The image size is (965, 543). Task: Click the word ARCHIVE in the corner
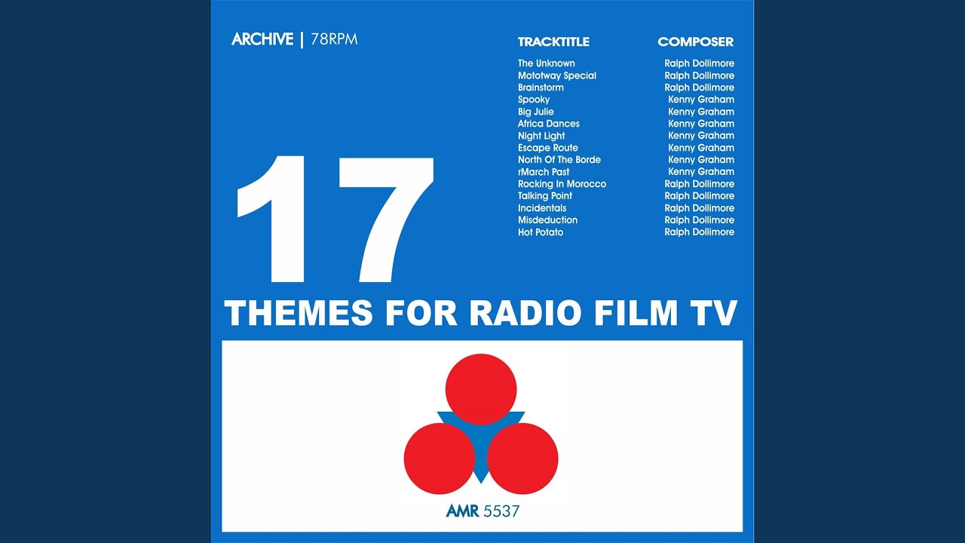pyautogui.click(x=262, y=39)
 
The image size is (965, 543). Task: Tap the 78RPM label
pyautogui.click(x=334, y=39)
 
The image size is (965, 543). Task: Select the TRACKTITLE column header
pyautogui.click(x=553, y=41)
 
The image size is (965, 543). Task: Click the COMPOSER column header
pyautogui.click(x=695, y=41)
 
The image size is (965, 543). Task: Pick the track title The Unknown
pyautogui.click(x=547, y=63)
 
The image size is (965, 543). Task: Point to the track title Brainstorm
pyautogui.click(x=541, y=87)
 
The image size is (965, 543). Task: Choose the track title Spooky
pyautogui.click(x=534, y=100)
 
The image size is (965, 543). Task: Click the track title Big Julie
pyautogui.click(x=536, y=112)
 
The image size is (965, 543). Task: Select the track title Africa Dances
pyautogui.click(x=548, y=124)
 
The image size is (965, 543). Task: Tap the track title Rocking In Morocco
pyautogui.click(x=562, y=184)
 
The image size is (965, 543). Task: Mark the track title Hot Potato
pyautogui.click(x=541, y=232)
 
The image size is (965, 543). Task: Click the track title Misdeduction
pyautogui.click(x=547, y=220)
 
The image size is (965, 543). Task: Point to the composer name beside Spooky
pyautogui.click(x=701, y=100)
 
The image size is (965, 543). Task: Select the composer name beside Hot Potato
pyautogui.click(x=699, y=232)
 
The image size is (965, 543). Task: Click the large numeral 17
pyautogui.click(x=335, y=219)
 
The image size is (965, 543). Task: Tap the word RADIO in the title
pyautogui.click(x=525, y=313)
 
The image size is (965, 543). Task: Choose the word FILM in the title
pyautogui.click(x=636, y=313)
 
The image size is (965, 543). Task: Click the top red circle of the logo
pyautogui.click(x=481, y=390)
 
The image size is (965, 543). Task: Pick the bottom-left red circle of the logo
pyautogui.click(x=440, y=459)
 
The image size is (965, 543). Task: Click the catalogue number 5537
pyautogui.click(x=501, y=511)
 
